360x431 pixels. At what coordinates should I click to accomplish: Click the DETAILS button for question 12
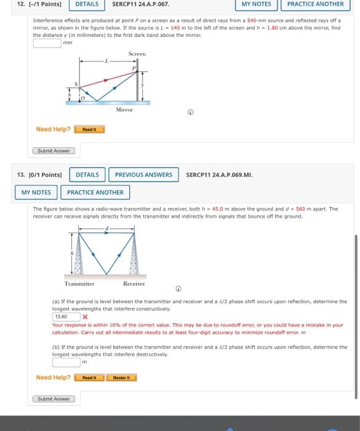[x=87, y=4]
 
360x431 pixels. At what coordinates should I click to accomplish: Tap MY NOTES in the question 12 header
[x=256, y=4]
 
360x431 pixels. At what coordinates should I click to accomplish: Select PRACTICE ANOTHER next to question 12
[x=315, y=4]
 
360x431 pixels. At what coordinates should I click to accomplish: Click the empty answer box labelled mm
[x=47, y=44]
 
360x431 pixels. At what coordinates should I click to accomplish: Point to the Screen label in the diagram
[x=137, y=54]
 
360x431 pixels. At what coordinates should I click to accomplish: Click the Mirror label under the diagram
[x=124, y=109]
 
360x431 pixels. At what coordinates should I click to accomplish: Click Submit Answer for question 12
[x=54, y=151]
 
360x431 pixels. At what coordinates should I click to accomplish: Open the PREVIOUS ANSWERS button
[x=143, y=175]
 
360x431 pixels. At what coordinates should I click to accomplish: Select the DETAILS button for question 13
[x=87, y=175]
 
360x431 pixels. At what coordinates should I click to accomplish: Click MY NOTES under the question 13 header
[x=37, y=193]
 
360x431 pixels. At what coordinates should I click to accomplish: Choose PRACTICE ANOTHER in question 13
[x=95, y=193]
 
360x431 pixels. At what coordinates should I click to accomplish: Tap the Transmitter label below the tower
[x=80, y=284]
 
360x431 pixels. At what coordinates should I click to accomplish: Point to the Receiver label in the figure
[x=134, y=284]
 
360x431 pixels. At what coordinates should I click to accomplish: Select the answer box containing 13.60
[x=65, y=316]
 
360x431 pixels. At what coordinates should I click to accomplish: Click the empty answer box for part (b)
[x=65, y=363]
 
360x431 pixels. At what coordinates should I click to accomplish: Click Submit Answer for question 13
[x=54, y=399]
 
